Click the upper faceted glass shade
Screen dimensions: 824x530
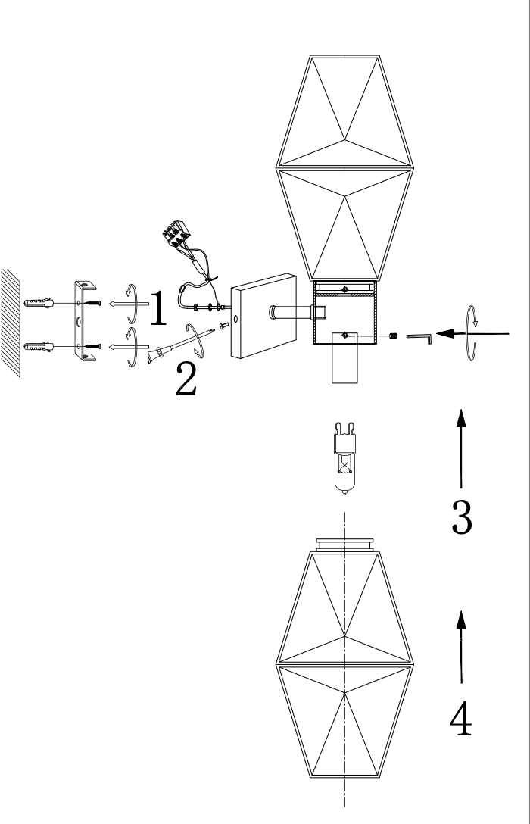346,167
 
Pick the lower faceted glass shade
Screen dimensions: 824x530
344,666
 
